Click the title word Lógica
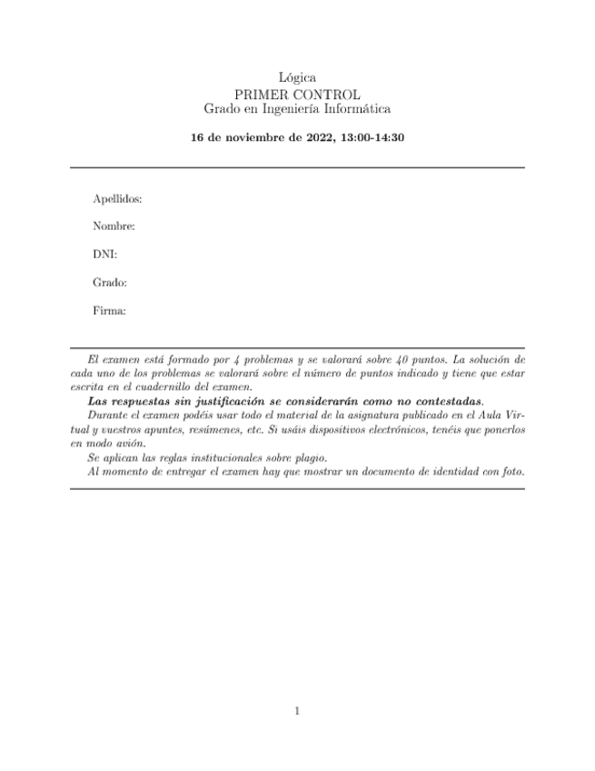click(297, 79)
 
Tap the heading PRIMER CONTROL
click(297, 94)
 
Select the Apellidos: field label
click(117, 198)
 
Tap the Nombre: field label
click(114, 226)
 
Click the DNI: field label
click(104, 255)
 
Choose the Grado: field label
click(109, 283)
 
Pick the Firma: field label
click(109, 311)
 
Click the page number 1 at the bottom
click(297, 711)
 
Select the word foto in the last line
click(512, 472)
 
